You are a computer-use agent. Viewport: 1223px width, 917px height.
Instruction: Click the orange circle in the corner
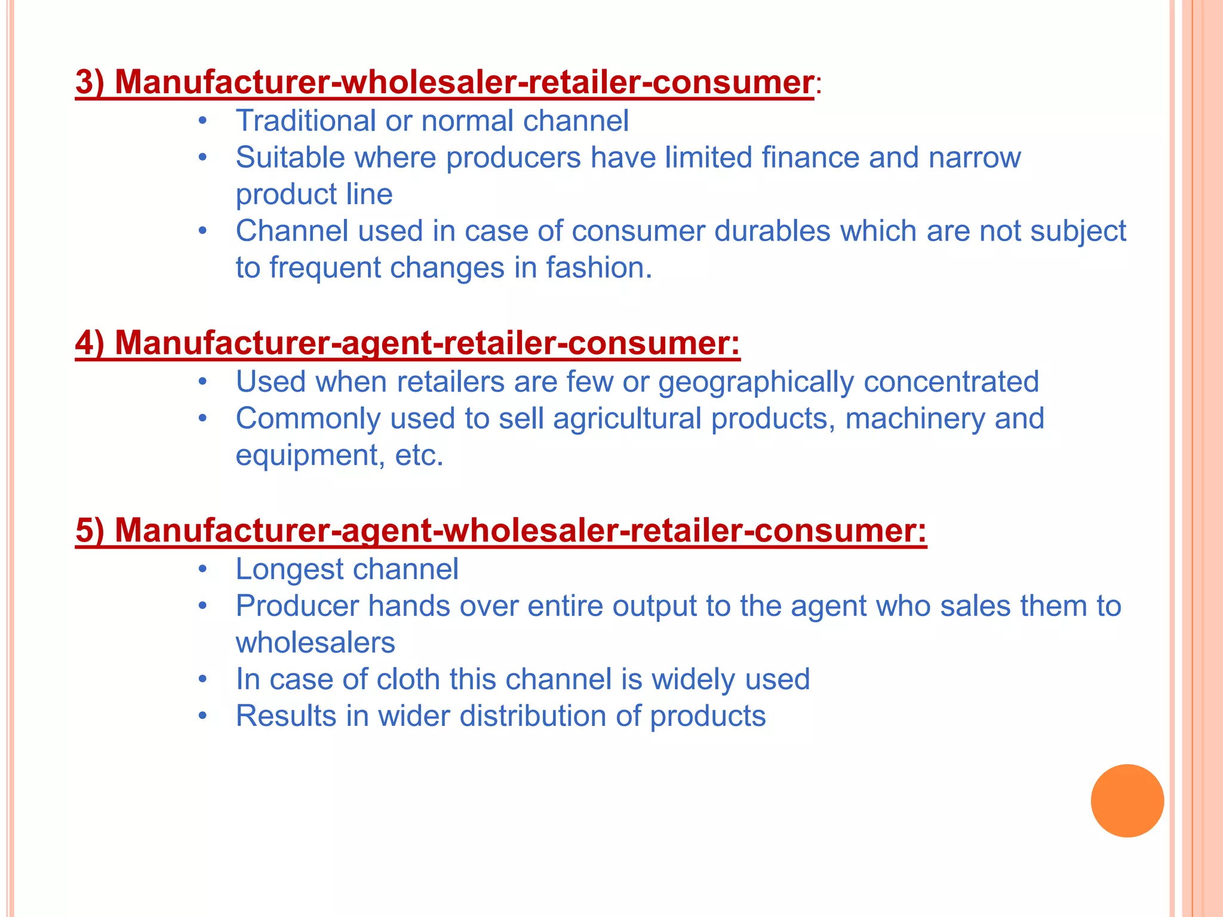pos(1127,801)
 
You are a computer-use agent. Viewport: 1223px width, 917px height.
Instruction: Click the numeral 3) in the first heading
pos(90,82)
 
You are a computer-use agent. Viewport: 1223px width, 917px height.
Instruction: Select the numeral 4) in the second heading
pos(90,343)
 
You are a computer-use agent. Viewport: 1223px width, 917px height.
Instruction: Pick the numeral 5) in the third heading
pos(90,531)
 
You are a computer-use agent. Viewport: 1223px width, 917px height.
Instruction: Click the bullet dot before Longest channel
pos(203,570)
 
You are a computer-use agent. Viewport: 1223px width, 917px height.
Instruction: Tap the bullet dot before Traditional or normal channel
pos(203,122)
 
